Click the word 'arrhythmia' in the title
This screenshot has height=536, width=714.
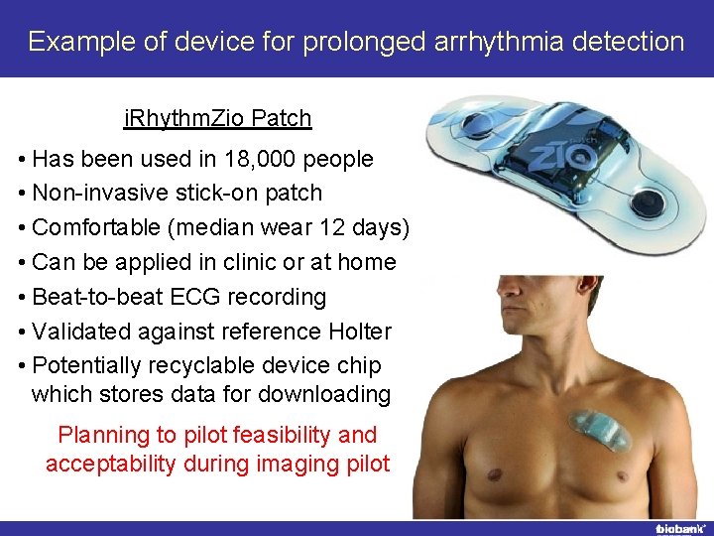[473, 42]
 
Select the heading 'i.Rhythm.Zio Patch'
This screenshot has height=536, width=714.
[217, 119]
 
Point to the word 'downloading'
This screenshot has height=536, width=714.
[324, 394]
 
